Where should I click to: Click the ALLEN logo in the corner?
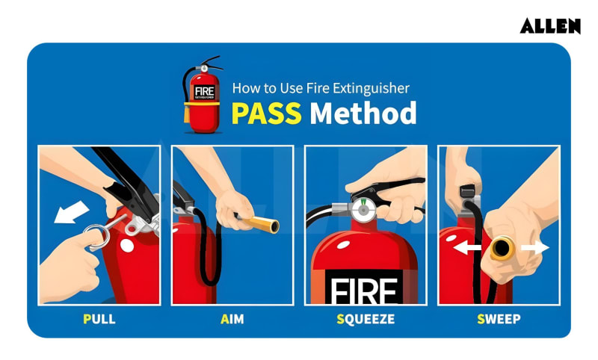pos(550,26)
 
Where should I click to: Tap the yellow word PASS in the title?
pos(266,113)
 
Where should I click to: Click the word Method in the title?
pos(363,113)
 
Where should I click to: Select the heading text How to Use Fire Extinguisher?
pos(321,88)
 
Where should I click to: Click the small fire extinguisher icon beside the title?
pos(203,95)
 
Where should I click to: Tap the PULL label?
pos(99,320)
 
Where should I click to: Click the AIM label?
pos(232,320)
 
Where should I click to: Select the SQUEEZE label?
pos(366,320)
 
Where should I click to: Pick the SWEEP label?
pos(499,320)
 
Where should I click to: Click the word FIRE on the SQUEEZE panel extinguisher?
pos(366,291)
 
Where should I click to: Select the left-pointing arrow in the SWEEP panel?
pos(466,247)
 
